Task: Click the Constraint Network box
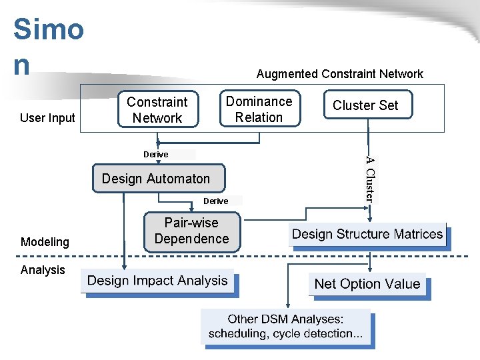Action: coord(157,110)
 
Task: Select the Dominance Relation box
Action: coord(259,109)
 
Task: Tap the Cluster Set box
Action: coord(365,105)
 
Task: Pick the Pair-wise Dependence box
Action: coord(191,230)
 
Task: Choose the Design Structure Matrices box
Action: coord(367,234)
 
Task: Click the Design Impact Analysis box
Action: coord(157,281)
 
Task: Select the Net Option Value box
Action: coord(367,284)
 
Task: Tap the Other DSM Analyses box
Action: coord(286,327)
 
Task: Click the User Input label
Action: coord(47,118)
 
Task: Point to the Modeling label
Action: coord(45,242)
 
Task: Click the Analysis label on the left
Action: coord(43,269)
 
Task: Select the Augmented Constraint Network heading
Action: coord(339,74)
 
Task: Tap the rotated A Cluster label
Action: coord(371,178)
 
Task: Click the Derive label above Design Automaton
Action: coord(156,154)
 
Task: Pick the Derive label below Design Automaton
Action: coord(215,201)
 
